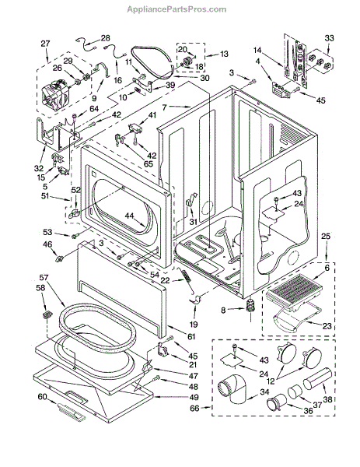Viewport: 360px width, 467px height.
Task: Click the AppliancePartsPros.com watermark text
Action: (177, 9)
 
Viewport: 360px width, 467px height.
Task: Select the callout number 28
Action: (105, 38)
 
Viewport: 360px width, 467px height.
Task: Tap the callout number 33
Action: (329, 38)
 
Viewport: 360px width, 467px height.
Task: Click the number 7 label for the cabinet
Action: (165, 107)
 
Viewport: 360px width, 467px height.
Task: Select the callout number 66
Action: (194, 408)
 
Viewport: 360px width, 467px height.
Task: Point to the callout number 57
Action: (44, 278)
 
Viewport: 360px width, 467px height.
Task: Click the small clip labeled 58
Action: (47, 314)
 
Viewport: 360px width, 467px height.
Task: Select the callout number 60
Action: (42, 397)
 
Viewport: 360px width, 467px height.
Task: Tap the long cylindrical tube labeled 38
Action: (317, 378)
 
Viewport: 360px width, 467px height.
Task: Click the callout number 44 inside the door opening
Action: (130, 216)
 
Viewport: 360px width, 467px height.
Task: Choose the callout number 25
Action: (326, 237)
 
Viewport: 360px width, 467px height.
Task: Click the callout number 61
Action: (191, 336)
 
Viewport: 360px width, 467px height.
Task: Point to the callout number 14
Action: (257, 50)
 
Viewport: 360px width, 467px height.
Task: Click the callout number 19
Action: (194, 325)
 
